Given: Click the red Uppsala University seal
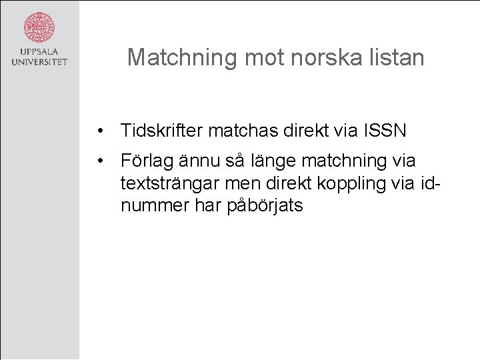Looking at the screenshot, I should click(x=39, y=27).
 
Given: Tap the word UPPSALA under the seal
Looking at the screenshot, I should click(x=39, y=52).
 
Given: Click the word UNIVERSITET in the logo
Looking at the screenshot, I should click(x=39, y=63).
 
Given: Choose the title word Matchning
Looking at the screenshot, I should click(x=183, y=57).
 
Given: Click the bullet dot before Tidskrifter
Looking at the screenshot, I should click(x=99, y=130).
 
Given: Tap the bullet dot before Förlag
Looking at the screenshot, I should click(x=99, y=161).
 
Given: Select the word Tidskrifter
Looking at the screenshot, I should click(x=162, y=130).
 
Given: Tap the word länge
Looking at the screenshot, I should click(x=272, y=161).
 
